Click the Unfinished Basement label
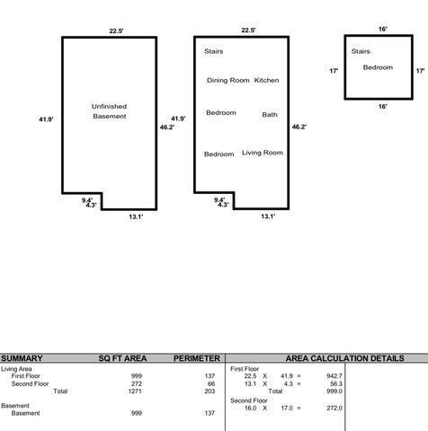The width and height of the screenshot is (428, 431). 109,111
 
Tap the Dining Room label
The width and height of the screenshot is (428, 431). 227,81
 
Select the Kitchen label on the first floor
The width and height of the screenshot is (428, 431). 267,81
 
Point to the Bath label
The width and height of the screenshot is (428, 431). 270,114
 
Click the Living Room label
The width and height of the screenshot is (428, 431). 263,153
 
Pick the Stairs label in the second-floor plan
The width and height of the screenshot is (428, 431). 361,51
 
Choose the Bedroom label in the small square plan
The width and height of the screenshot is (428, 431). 379,67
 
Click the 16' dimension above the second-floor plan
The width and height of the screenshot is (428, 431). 383,29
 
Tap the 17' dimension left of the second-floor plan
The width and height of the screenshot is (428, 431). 334,70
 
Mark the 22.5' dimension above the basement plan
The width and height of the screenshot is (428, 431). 116,31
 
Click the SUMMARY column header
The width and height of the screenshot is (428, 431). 22,358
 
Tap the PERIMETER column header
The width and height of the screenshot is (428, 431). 197,358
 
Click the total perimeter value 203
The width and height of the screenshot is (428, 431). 211,391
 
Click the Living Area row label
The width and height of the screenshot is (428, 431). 19,368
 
